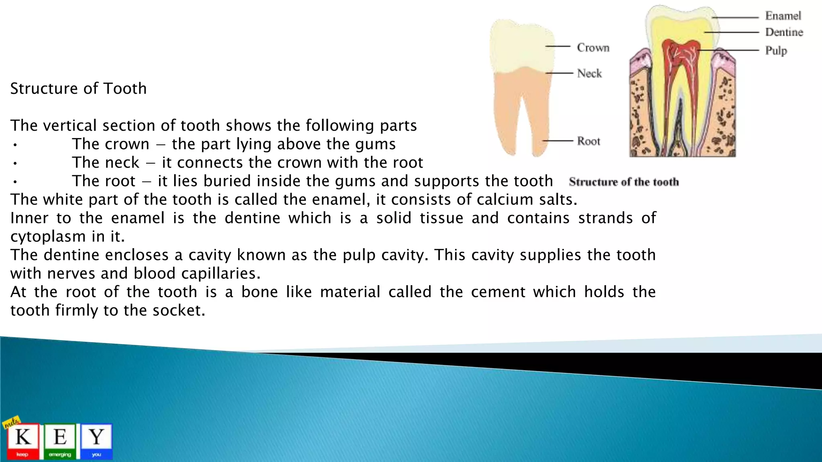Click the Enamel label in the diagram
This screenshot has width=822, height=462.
[783, 16]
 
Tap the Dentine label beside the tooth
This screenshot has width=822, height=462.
[784, 32]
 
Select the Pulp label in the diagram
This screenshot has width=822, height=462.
[776, 51]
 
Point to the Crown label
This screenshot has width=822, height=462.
[593, 48]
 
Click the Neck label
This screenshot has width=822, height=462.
[589, 73]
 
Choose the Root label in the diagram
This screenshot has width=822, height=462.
[588, 141]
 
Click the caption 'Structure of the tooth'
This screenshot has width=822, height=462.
[624, 182]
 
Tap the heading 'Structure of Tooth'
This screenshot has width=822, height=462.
[78, 89]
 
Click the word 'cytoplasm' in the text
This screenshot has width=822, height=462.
[48, 237]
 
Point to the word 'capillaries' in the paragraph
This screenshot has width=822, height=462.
[218, 274]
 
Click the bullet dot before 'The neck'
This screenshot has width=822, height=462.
[14, 163]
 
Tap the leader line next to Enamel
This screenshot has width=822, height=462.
[735, 18]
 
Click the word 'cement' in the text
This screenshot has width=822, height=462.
[498, 292]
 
